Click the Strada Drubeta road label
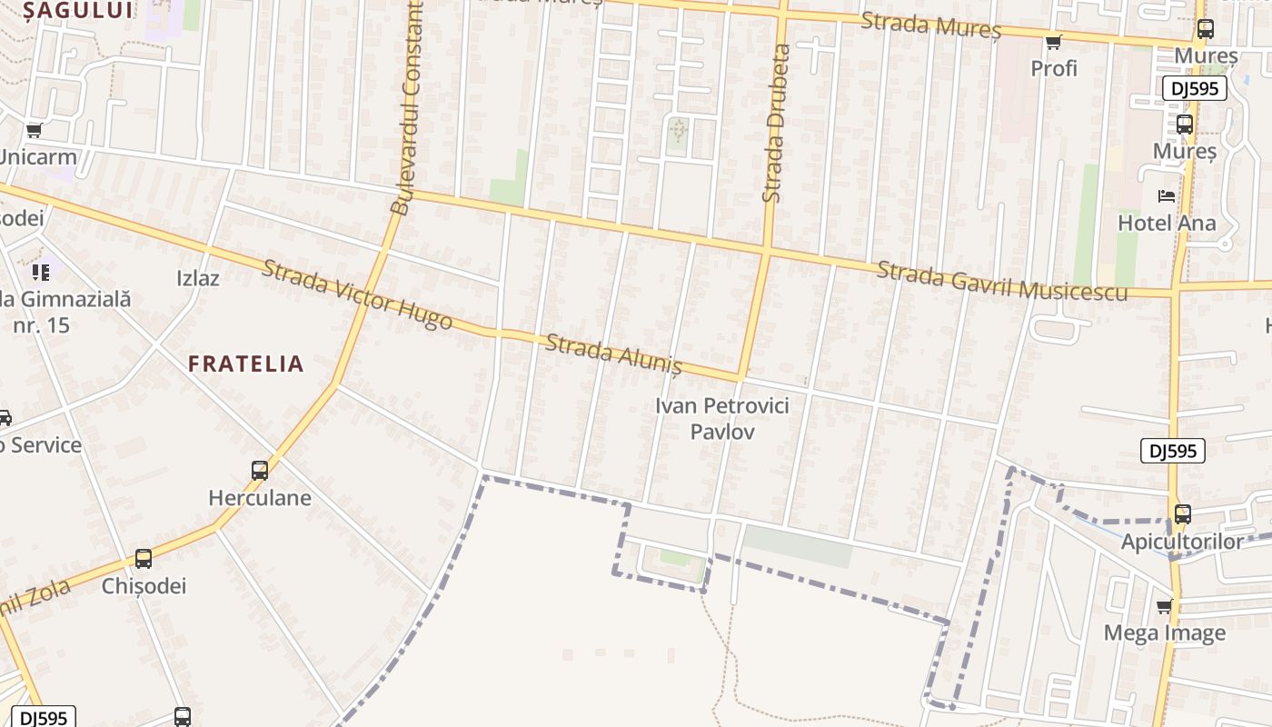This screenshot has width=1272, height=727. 778,123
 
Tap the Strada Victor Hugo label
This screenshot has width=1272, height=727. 356,294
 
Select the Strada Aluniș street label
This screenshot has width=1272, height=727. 613,354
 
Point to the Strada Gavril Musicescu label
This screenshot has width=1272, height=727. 1002,282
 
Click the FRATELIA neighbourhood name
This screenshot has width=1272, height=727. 245,363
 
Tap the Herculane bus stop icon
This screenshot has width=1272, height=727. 260,471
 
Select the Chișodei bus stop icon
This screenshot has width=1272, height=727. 144,559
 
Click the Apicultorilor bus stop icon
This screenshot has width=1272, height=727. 1182,514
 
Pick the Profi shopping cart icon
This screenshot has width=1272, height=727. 1054,42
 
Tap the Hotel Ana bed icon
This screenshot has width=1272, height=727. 1166,196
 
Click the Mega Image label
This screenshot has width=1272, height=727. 1164,632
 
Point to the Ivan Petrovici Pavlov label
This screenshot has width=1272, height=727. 722,418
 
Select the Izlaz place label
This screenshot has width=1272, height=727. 198,278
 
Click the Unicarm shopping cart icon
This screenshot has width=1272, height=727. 35,131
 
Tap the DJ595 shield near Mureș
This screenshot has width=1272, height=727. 1194,88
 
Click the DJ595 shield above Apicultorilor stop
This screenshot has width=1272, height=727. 1172,451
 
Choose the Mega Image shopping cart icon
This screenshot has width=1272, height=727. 1164,606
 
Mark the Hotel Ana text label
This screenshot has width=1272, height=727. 1167,223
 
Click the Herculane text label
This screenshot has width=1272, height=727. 260,498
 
